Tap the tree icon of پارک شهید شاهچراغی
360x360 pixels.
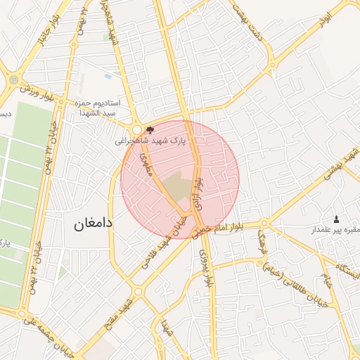[x=149, y=130]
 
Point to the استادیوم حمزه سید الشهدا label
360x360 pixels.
[x=98, y=108]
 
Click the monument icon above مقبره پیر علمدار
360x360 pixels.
[x=335, y=219]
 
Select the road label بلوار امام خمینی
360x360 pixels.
[x=219, y=229]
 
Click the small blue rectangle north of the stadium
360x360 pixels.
[x=108, y=76]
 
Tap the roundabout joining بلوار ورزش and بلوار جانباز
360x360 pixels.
[x=14, y=79]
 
